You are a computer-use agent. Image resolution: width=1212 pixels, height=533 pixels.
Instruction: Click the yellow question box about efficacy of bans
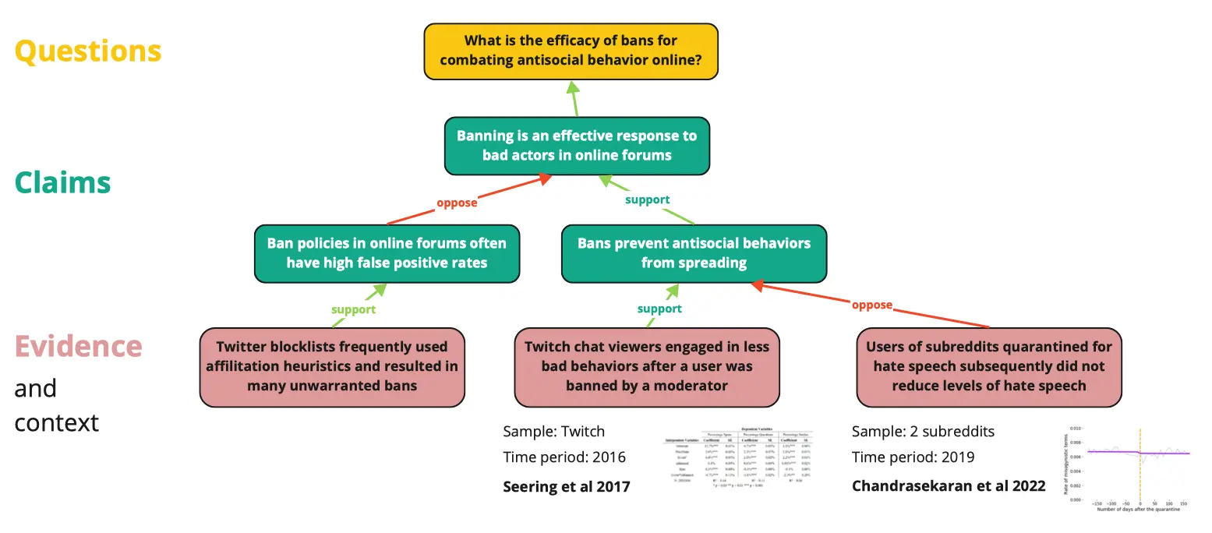571,51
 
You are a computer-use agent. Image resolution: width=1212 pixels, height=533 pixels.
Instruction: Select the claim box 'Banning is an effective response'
577,146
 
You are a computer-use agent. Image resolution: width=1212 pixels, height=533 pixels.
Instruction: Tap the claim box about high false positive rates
387,253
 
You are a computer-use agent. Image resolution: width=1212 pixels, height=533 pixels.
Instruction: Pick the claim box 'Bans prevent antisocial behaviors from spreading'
694,253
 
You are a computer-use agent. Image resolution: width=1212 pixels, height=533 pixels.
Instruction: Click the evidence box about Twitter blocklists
332,366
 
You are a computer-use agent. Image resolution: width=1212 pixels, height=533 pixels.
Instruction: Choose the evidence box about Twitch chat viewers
647,366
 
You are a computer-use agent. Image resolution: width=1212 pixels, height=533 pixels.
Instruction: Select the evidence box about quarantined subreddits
988,366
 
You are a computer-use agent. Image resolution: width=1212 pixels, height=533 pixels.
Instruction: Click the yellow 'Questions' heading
88,51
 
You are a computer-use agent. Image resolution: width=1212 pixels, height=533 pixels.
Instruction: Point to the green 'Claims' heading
62,182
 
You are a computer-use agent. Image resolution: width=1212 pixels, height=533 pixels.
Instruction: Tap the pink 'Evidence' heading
78,346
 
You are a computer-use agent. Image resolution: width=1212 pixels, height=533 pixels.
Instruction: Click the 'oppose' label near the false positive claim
457,203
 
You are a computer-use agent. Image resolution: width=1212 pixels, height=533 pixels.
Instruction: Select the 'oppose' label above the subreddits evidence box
871,305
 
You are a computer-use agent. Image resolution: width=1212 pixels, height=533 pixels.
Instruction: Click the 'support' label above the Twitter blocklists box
353,309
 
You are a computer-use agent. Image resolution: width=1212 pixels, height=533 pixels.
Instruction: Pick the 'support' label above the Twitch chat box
659,309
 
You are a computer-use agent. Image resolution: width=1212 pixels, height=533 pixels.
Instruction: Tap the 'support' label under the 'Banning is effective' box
647,199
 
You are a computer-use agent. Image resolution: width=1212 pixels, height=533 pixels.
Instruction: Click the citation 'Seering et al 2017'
567,486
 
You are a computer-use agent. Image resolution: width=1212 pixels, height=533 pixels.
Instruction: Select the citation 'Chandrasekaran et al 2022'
949,486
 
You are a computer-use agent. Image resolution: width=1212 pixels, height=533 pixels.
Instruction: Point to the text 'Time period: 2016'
564,457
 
